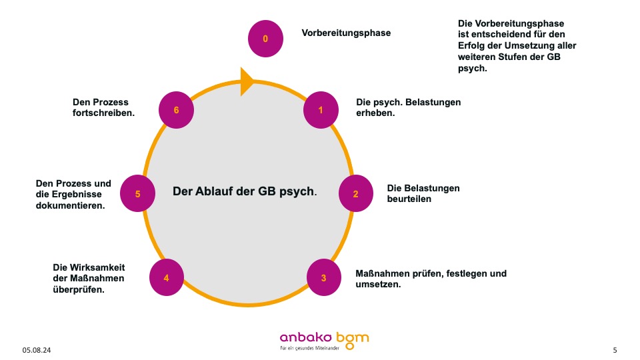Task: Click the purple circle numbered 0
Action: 265,39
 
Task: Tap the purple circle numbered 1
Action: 321,110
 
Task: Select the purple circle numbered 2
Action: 355,194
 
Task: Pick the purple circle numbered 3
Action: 323,277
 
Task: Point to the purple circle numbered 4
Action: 167,277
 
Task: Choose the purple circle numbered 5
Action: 137,194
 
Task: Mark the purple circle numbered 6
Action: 177,110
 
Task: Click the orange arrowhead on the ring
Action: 247,81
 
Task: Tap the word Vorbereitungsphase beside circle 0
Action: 346,33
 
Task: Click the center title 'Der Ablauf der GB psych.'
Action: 245,191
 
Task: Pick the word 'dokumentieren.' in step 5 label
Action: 70,206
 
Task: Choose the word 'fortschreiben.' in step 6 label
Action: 103,113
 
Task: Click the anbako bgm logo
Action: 324,339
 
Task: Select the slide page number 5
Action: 615,350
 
